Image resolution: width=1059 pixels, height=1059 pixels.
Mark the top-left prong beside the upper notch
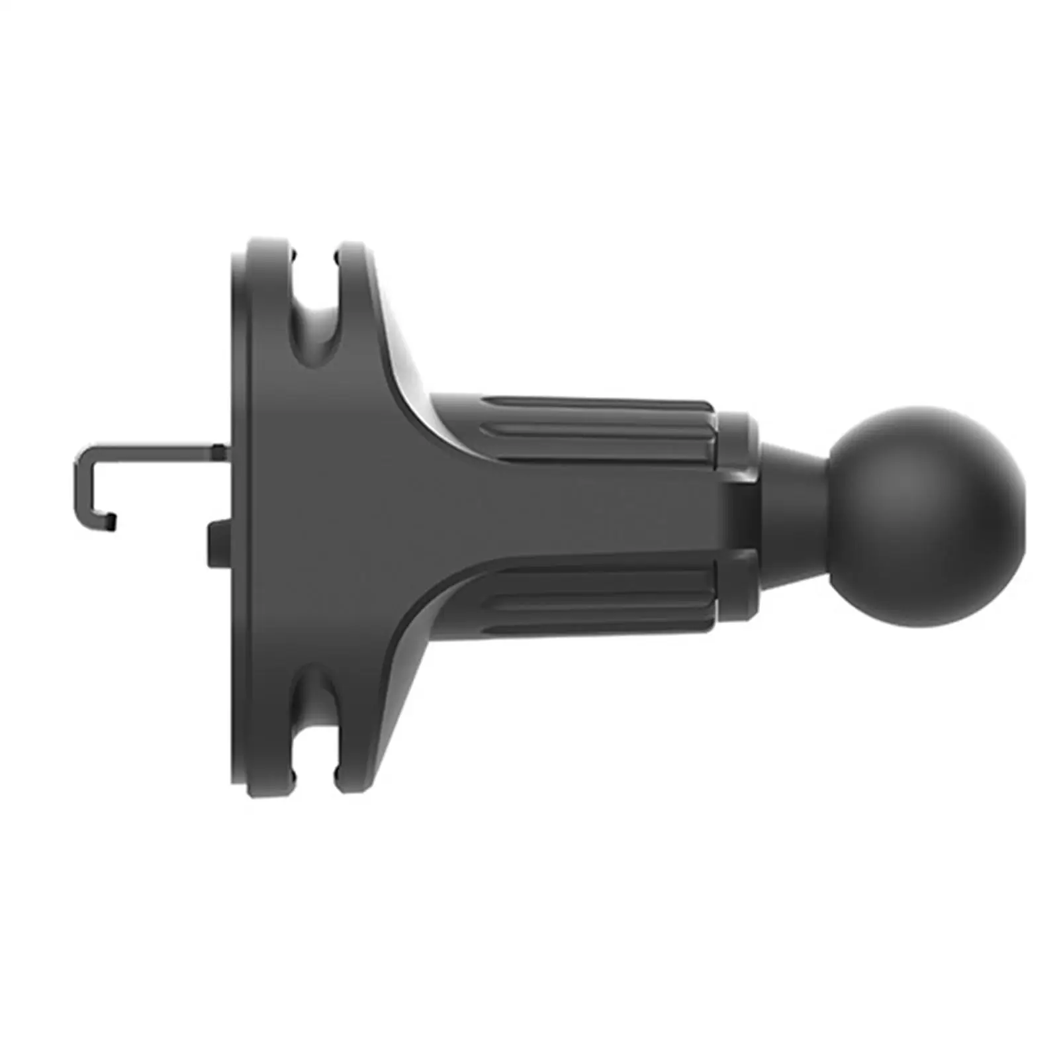click(x=268, y=258)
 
